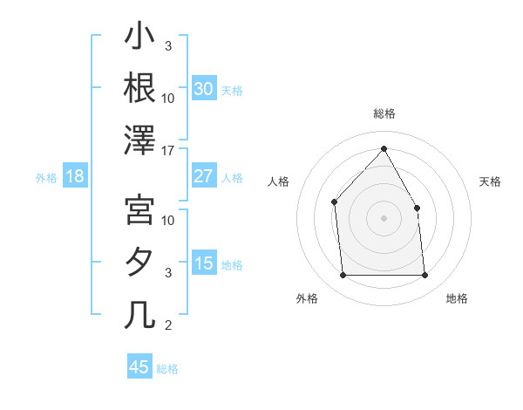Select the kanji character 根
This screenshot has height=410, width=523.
click(140, 87)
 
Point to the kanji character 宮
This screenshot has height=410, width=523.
click(140, 209)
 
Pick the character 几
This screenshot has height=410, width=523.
click(140, 314)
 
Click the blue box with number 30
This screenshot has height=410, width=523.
click(203, 89)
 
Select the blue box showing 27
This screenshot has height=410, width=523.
click(203, 176)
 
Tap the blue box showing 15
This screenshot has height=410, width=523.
click(203, 263)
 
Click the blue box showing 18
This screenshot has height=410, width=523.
click(75, 177)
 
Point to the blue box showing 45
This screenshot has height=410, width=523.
click(139, 367)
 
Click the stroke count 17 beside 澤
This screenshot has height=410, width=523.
click(168, 151)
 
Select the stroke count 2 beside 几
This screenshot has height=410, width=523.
click(168, 325)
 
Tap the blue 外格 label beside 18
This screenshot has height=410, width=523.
click(46, 178)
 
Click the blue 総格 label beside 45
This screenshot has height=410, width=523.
click(167, 369)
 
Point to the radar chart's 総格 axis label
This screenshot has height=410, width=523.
click(384, 113)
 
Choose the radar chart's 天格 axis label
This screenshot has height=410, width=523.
click(491, 181)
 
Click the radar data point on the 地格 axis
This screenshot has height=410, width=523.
click(425, 276)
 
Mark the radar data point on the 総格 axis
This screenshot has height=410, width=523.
click(384, 148)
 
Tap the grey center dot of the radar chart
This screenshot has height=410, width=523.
click(384, 218)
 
